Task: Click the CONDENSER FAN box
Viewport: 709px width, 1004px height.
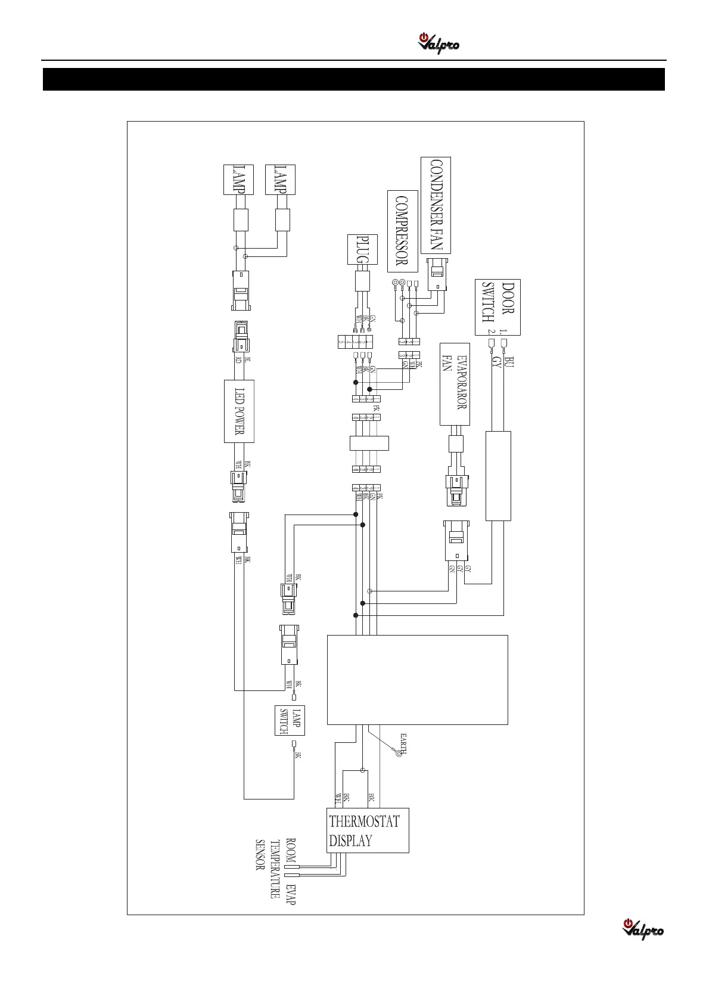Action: (436, 205)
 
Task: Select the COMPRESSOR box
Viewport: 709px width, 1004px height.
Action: (402, 231)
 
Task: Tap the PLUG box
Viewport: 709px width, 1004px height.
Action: (362, 250)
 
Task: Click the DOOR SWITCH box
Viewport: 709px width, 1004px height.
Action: (497, 307)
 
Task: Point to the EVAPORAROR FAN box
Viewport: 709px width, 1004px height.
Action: (455, 384)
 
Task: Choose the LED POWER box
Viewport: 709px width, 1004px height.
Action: (239, 411)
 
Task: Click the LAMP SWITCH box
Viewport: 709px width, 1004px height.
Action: (290, 721)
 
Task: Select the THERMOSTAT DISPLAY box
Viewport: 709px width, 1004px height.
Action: (368, 831)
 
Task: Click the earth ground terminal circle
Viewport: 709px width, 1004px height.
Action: (399, 754)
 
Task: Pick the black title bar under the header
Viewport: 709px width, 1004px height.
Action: (354, 79)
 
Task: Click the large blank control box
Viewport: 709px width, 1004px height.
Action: (417, 680)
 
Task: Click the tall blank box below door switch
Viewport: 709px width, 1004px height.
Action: (498, 476)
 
